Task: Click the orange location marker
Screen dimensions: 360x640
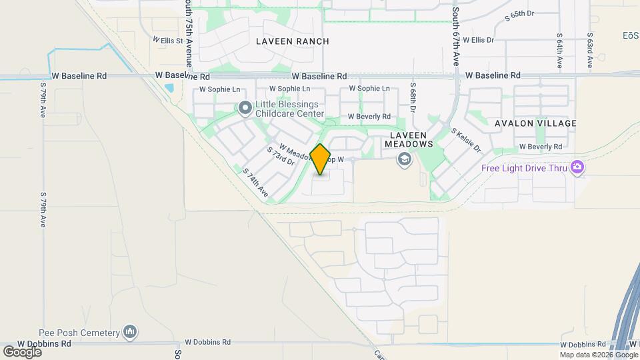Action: [x=320, y=159]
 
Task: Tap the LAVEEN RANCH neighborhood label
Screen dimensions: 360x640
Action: [x=293, y=41]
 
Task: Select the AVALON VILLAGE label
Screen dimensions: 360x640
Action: [x=535, y=123]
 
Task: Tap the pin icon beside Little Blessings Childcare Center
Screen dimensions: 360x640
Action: [x=245, y=107]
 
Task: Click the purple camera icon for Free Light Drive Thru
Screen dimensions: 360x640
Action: [x=577, y=167]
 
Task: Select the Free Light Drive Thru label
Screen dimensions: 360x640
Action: [x=525, y=168]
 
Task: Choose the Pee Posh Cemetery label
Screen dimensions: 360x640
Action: [x=87, y=332]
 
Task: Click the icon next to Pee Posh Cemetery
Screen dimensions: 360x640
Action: [x=130, y=331]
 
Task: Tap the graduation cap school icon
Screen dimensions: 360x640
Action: [x=403, y=159]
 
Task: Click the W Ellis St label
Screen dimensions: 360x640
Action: [x=167, y=40]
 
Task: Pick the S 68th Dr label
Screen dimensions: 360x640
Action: [x=413, y=98]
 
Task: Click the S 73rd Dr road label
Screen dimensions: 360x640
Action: [x=281, y=156]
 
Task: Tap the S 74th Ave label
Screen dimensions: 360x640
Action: [x=255, y=183]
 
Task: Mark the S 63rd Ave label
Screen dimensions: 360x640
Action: [x=590, y=51]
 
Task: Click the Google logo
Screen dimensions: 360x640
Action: [x=23, y=351]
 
